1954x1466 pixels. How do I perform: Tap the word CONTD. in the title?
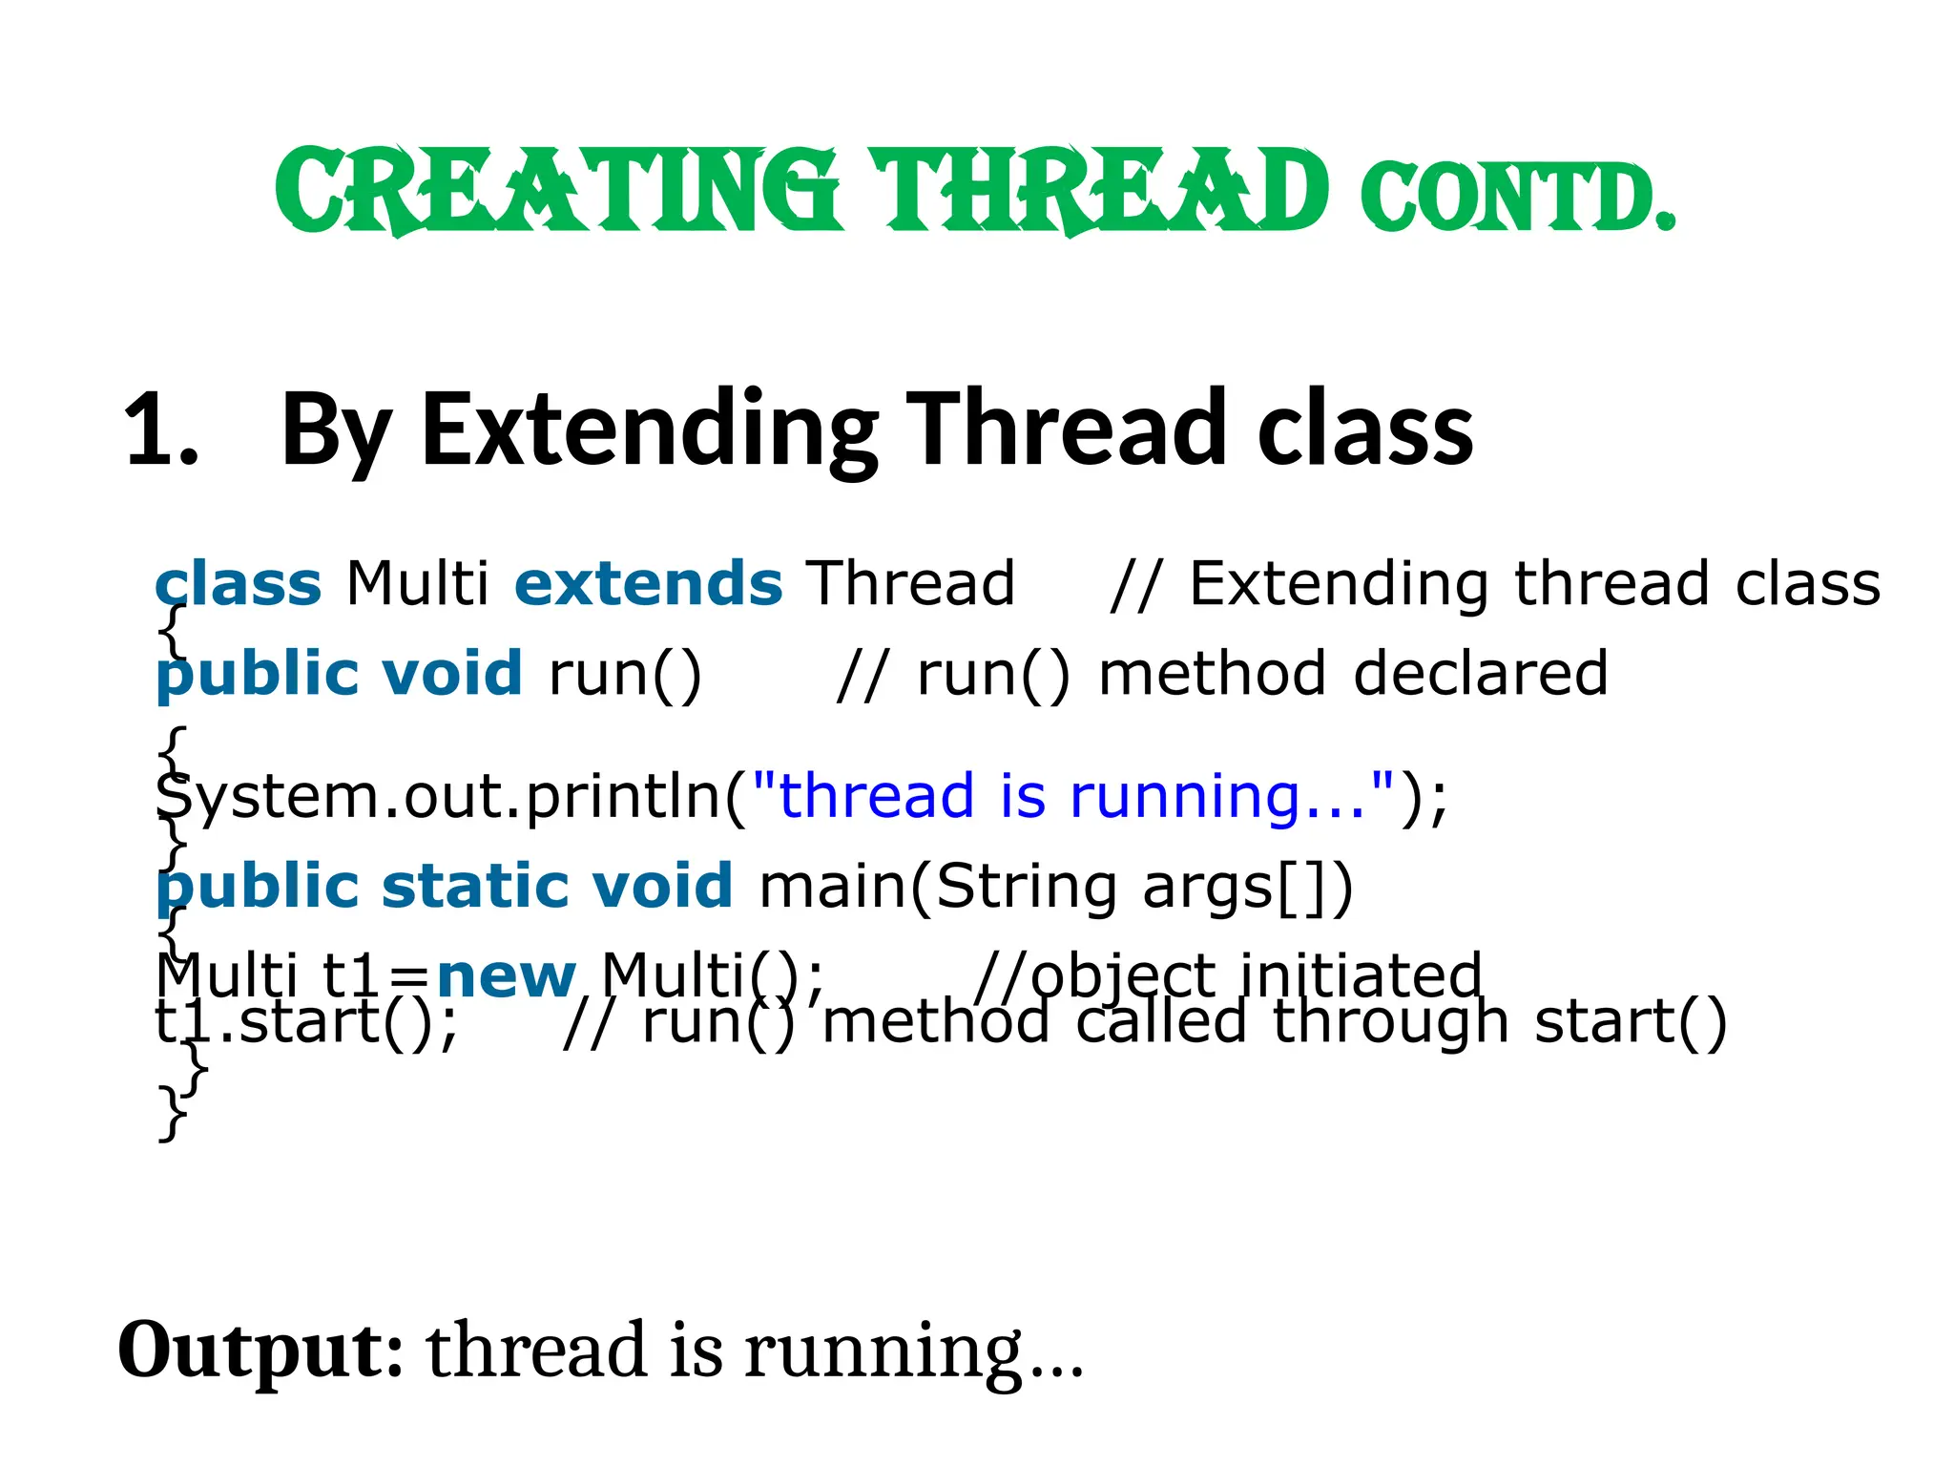pyautogui.click(x=1517, y=198)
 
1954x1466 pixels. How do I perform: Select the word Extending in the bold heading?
pyautogui.click(x=649, y=430)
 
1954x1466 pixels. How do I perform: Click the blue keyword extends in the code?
pyautogui.click(x=648, y=583)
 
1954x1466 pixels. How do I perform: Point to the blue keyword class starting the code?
pyautogui.click(x=238, y=583)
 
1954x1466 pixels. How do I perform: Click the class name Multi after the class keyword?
pyautogui.click(x=417, y=583)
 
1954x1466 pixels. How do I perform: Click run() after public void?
pyautogui.click(x=625, y=674)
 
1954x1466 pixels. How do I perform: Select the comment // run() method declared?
pyautogui.click(x=1222, y=674)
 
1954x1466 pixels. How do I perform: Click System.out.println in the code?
pyautogui.click(x=439, y=796)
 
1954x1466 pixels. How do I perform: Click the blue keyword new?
pyautogui.click(x=506, y=975)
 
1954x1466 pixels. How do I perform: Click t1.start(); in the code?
pyautogui.click(x=306, y=1022)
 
